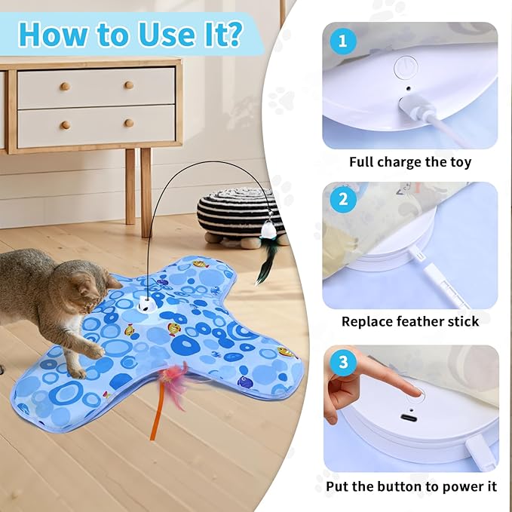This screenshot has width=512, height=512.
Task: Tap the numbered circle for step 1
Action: pos(344,42)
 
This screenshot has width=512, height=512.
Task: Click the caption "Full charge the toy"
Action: pos(409,162)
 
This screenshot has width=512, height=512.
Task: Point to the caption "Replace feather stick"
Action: pos(409,322)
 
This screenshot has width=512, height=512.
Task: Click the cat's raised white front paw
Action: pos(95,351)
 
